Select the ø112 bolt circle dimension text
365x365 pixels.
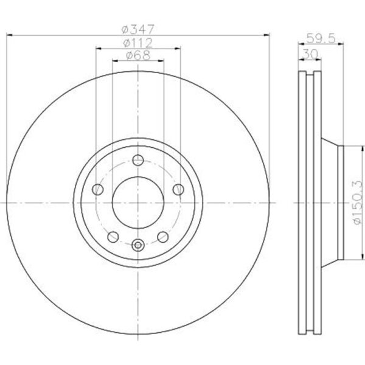137,43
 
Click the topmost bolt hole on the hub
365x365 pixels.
137,161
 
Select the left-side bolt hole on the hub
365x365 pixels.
97,190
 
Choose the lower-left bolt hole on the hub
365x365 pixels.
113,237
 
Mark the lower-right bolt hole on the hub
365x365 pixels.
162,237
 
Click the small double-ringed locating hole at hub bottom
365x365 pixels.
137,245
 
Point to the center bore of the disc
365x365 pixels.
137,203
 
